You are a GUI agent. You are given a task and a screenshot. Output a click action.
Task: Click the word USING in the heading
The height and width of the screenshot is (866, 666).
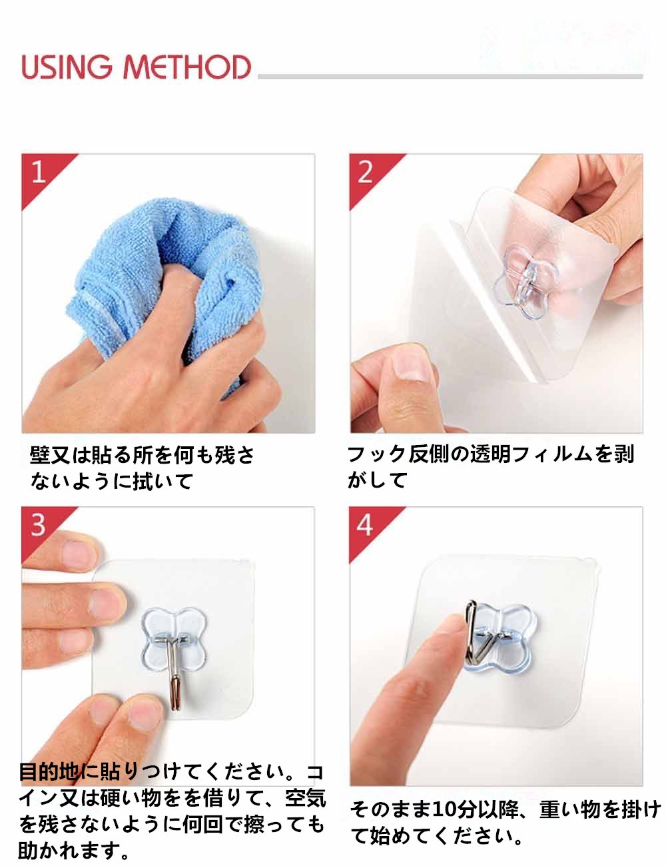67,67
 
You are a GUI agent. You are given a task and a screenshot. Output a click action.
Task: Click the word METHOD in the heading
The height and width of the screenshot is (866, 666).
187,67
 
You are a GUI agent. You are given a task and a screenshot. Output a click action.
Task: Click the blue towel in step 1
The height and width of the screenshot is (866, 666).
167,279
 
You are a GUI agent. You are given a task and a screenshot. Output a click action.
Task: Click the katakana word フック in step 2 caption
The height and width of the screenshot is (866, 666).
377,454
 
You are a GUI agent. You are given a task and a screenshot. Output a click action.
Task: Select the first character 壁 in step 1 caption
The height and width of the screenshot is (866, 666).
40,455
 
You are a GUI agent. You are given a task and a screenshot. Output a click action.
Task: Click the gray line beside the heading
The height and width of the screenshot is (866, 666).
450,76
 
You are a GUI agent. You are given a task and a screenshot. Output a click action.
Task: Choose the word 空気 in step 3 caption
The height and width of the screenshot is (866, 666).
306,798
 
